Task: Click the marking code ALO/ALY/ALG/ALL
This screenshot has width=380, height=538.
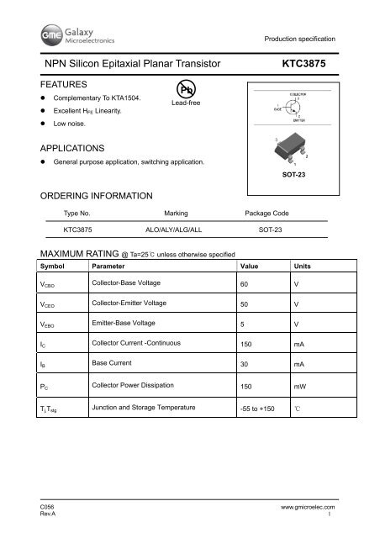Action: (176, 227)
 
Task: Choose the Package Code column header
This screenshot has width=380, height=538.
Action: (268, 214)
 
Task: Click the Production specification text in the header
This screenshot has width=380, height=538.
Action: (299, 40)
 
